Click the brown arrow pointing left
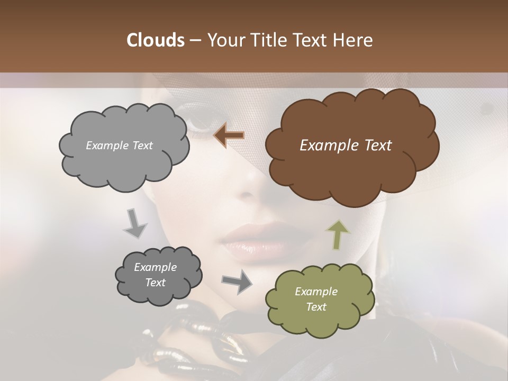point(229,135)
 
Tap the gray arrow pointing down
point(135,223)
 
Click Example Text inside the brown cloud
point(346,146)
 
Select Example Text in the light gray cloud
point(119,146)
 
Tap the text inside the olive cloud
point(316,299)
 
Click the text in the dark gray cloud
point(155,275)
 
